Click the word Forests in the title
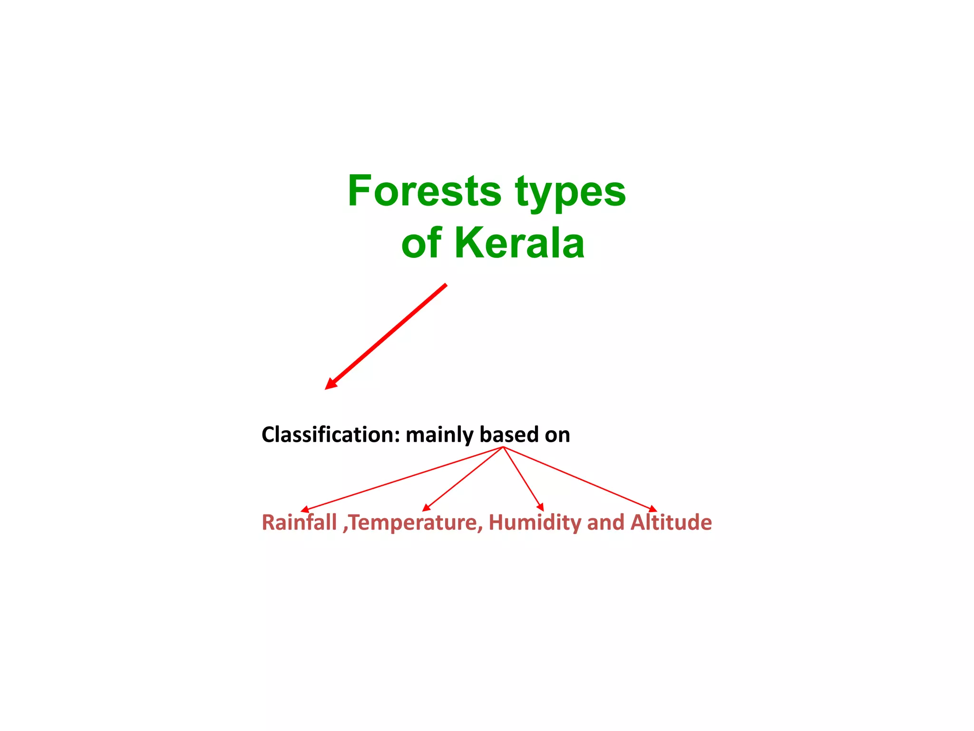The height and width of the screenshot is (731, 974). pos(424,191)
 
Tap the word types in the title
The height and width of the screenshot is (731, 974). pos(570,193)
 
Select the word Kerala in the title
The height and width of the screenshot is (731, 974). pos(519,243)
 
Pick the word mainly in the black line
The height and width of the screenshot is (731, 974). pos(439,435)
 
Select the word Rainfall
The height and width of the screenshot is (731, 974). pos(299,523)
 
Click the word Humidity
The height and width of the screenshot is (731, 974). pos(535,523)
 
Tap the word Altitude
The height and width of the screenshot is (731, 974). pos(671,522)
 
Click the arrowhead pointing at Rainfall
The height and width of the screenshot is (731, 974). pos(304,510)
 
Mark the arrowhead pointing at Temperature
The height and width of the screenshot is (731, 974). pos(426,508)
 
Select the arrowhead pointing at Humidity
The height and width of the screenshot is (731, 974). pos(541,508)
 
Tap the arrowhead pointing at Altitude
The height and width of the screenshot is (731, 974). pos(653,510)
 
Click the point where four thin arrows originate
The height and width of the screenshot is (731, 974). pos(503,447)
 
